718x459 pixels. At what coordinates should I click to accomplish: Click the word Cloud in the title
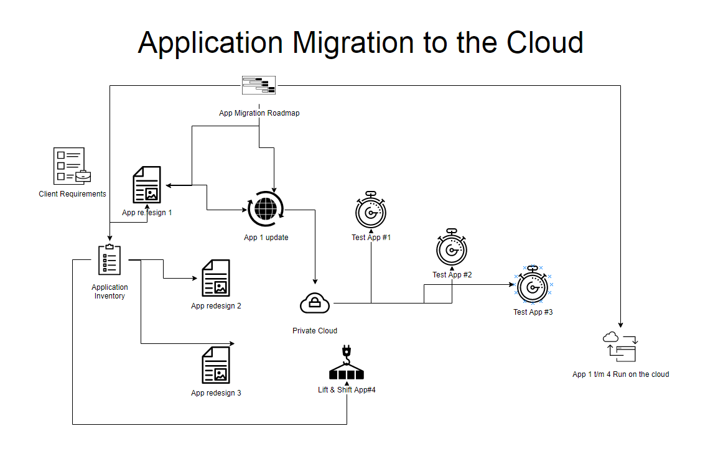click(544, 42)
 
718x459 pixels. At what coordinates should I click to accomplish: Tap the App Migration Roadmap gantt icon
click(259, 85)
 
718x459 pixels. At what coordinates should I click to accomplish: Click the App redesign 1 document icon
click(147, 184)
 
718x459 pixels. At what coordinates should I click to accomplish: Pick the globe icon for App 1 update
click(266, 210)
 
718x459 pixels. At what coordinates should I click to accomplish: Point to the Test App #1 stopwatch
click(371, 211)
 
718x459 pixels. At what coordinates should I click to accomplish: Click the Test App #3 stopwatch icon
click(533, 285)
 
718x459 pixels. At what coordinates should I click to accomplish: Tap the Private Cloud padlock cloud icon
click(315, 304)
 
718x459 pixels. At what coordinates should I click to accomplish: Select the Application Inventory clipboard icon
click(110, 260)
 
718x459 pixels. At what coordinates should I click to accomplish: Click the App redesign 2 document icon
click(216, 278)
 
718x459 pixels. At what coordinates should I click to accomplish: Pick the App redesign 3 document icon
click(216, 365)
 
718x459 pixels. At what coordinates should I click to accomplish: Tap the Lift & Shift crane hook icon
click(347, 364)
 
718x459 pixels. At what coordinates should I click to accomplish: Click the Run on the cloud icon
click(620, 347)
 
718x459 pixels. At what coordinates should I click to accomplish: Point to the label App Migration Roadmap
click(259, 113)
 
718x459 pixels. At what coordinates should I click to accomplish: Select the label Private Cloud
click(315, 331)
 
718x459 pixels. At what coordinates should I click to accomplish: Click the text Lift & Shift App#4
click(347, 390)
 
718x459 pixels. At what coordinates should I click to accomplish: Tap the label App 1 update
click(266, 238)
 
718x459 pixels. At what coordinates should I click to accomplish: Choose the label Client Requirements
click(72, 194)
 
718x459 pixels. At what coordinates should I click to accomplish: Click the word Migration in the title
click(353, 42)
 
